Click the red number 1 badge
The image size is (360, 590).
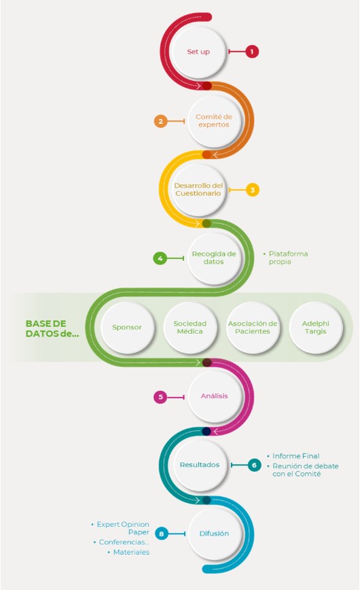(252, 51)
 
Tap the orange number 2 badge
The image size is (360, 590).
(160, 121)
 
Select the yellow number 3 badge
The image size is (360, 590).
(253, 190)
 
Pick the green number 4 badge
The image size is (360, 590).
(160, 258)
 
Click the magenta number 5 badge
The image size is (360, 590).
(160, 397)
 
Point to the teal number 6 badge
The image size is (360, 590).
(254, 466)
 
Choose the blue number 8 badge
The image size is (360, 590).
(162, 534)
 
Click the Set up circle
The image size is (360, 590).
(198, 52)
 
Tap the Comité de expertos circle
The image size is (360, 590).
(214, 121)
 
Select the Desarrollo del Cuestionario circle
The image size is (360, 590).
(198, 190)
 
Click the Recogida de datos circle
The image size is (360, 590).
(214, 258)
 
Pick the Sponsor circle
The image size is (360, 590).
(127, 328)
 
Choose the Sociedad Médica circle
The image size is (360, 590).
(190, 328)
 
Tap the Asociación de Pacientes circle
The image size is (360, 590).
(253, 328)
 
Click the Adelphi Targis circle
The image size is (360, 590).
(316, 328)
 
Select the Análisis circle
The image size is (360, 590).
(214, 396)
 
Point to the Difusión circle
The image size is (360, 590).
(214, 534)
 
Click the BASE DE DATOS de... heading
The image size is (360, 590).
(52, 328)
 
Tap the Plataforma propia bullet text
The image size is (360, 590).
(285, 258)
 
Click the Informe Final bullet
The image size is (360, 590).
(293, 456)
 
